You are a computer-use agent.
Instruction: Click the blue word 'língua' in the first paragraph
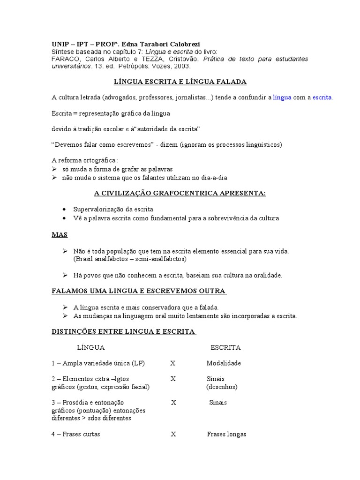pyautogui.click(x=282, y=97)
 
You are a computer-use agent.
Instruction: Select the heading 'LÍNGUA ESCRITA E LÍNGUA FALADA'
pyautogui.click(x=180, y=82)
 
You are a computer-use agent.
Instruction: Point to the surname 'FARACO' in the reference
pyautogui.click(x=64, y=59)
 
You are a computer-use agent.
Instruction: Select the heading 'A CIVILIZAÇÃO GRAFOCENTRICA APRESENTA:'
pyautogui.click(x=180, y=193)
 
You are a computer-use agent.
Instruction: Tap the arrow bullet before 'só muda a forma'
pyautogui.click(x=54, y=169)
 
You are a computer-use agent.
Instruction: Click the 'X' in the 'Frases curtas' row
pyautogui.click(x=173, y=434)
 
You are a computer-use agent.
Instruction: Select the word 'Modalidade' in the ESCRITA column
pyautogui.click(x=224, y=363)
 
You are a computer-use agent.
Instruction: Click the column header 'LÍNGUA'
pyautogui.click(x=90, y=348)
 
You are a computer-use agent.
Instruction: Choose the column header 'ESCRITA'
pyautogui.click(x=225, y=348)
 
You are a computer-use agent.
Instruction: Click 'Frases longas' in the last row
pyautogui.click(x=226, y=434)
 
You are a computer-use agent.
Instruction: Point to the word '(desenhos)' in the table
pyautogui.click(x=222, y=387)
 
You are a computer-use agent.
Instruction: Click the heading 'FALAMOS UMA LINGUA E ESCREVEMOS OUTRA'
pyautogui.click(x=139, y=291)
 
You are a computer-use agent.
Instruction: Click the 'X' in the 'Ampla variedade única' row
pyautogui.click(x=172, y=363)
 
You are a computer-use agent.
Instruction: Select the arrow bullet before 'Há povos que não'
pyautogui.click(x=66, y=275)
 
